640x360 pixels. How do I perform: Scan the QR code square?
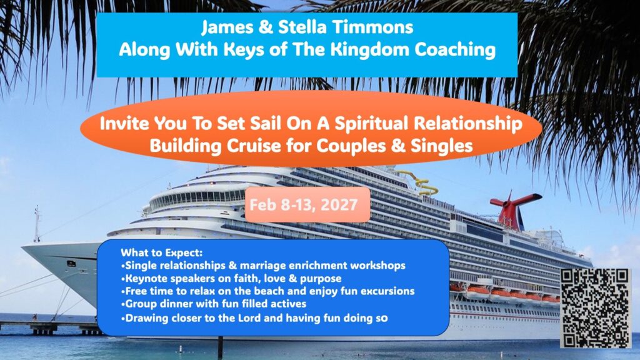point(596,309)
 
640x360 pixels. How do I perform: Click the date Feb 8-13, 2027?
point(304,204)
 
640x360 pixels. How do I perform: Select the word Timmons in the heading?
point(372,27)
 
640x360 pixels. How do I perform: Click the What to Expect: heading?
point(162,252)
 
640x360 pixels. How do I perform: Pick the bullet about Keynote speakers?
point(231,279)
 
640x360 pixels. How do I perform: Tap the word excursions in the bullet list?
point(387,291)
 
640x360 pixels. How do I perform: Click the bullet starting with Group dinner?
point(214,304)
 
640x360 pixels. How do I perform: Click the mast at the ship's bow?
point(37,224)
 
